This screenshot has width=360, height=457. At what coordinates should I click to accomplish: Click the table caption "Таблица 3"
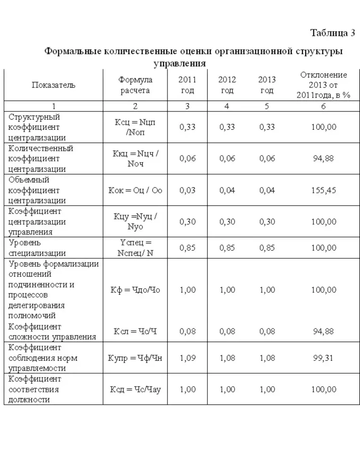point(332,33)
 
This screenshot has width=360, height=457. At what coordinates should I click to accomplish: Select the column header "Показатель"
point(53,85)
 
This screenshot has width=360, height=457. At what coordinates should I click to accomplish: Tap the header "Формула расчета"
point(135,85)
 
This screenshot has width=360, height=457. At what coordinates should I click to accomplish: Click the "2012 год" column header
point(227,85)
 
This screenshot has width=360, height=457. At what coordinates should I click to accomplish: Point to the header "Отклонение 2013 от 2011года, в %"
point(323,85)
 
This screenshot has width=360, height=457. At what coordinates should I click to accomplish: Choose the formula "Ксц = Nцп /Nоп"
point(135,127)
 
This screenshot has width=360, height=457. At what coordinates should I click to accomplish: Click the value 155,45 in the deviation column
point(323,190)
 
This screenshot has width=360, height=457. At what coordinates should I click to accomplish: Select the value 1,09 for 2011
point(188,358)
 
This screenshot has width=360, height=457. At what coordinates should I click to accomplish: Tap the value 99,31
point(323,358)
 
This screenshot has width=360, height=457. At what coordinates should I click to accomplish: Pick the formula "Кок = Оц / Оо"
point(135,190)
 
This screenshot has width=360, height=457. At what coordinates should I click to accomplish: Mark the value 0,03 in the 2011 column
point(188,190)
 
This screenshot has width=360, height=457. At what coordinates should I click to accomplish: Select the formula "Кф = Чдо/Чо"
point(135,290)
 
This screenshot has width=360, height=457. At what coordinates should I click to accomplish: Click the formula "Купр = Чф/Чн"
point(135,358)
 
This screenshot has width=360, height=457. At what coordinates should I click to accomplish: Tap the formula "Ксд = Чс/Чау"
point(135,389)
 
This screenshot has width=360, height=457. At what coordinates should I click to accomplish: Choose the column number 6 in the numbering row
point(323,106)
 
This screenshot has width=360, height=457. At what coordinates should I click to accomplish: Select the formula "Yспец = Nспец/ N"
point(135,248)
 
